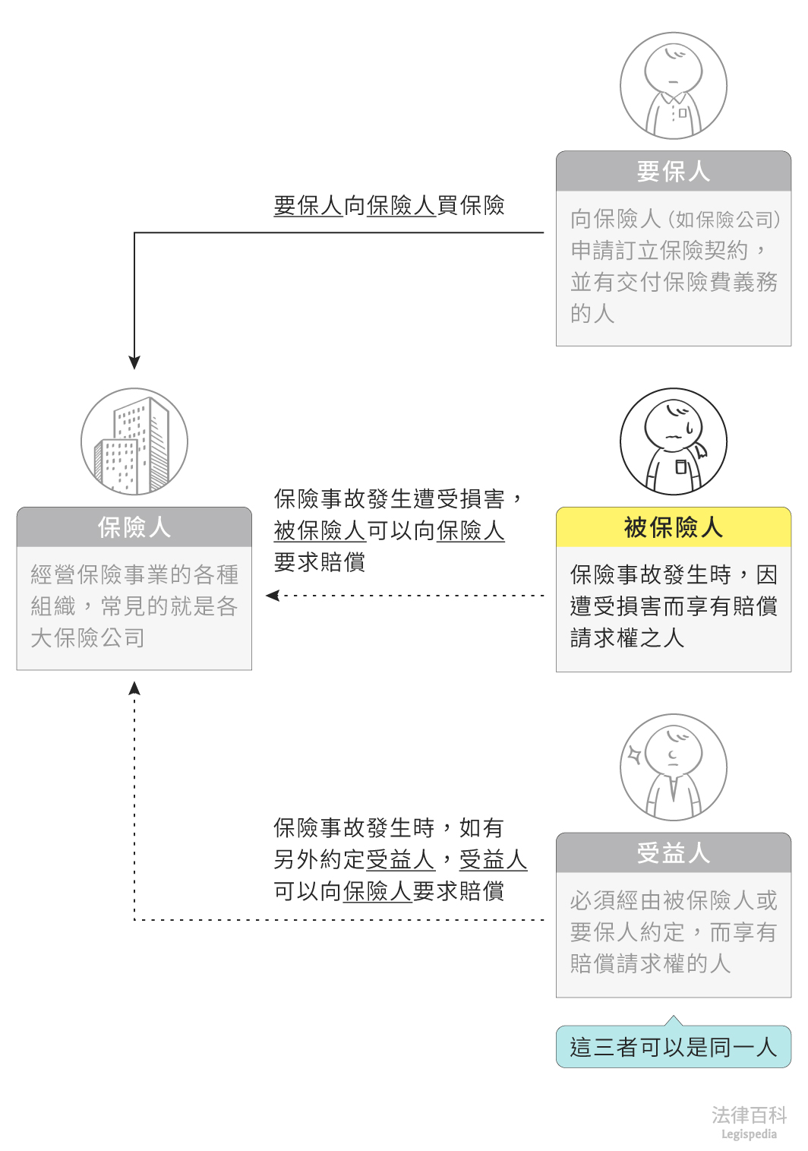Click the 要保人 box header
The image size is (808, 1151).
[673, 172]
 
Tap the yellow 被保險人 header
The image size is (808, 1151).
[673, 527]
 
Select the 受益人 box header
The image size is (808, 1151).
[673, 853]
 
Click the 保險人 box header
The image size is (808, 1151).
[134, 527]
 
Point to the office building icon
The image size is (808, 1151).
[134, 442]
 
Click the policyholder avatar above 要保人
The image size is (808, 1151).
[674, 86]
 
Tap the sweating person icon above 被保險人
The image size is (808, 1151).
[674, 442]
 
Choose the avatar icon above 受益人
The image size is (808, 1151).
[674, 767]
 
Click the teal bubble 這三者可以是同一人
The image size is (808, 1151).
[673, 1047]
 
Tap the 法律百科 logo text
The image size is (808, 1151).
[749, 1115]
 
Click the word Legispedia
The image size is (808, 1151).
[749, 1134]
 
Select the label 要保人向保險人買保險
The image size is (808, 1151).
[389, 206]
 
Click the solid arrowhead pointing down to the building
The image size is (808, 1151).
[134, 362]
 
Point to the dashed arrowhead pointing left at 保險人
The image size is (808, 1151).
[273, 596]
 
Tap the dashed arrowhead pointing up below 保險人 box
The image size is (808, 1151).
[134, 688]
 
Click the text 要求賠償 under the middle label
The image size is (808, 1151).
[320, 562]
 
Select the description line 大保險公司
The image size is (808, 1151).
[88, 638]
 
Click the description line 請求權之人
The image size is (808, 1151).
[627, 638]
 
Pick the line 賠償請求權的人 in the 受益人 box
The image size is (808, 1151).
[650, 964]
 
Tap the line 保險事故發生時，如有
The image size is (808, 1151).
[388, 828]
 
